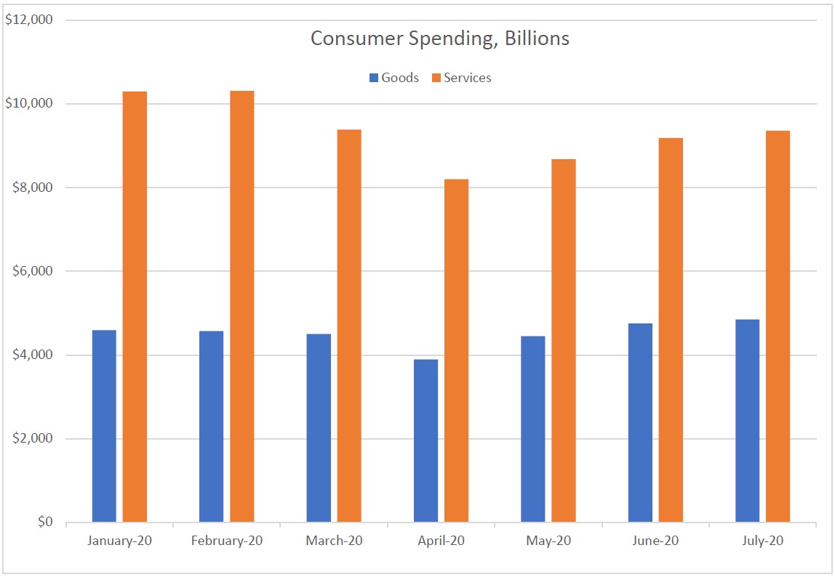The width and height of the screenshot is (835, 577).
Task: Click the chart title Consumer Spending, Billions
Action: [x=439, y=39]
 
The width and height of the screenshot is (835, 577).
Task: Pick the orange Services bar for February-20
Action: [x=242, y=306]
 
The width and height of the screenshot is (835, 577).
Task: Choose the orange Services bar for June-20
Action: [x=671, y=330]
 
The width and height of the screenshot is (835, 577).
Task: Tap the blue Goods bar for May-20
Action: [x=533, y=429]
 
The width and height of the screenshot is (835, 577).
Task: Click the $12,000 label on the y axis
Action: [x=29, y=20]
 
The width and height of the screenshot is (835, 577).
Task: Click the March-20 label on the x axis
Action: [x=334, y=541]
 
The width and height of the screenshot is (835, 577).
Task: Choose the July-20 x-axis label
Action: [x=762, y=541]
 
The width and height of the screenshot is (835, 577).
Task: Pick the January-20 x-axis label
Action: [x=119, y=541]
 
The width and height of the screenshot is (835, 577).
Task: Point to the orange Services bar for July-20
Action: [x=778, y=326]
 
